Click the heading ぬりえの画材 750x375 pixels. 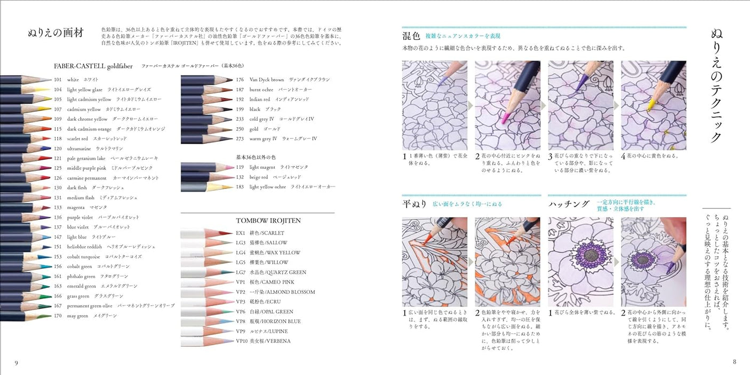pyautogui.click(x=55, y=33)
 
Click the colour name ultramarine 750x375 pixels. pyautogui.click(x=79, y=149)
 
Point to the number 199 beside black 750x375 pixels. pyautogui.click(x=240, y=109)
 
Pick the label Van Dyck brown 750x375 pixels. pyautogui.click(x=267, y=80)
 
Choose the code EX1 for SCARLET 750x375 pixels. pyautogui.click(x=241, y=233)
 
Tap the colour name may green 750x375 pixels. pyautogui.click(x=77, y=316)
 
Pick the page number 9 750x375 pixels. pyautogui.click(x=16, y=363)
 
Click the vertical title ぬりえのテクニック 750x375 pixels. pyautogui.click(x=717, y=85)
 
